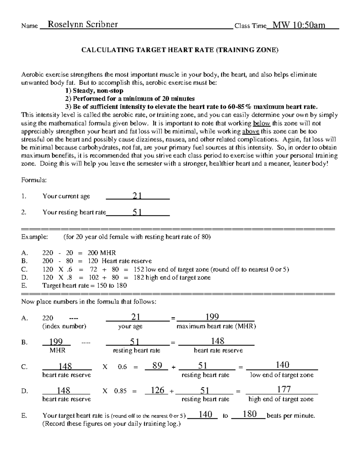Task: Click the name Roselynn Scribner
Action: point(83,25)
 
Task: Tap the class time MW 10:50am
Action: point(299,25)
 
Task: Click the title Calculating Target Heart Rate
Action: point(180,50)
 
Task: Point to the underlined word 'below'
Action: point(262,123)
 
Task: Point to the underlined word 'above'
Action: point(250,131)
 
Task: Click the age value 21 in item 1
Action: point(137,196)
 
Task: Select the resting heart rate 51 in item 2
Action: point(137,212)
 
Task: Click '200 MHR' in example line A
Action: point(101,253)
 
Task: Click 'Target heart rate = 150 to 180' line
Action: point(85,285)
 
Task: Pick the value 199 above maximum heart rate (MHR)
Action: point(212,317)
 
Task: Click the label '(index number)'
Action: point(64,326)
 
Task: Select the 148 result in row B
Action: point(217,341)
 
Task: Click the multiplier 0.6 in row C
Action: point(122,367)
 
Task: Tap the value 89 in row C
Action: point(157,365)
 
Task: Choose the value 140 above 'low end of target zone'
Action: point(283,365)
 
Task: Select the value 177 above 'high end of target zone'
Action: point(284,389)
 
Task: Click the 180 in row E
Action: point(250,414)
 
